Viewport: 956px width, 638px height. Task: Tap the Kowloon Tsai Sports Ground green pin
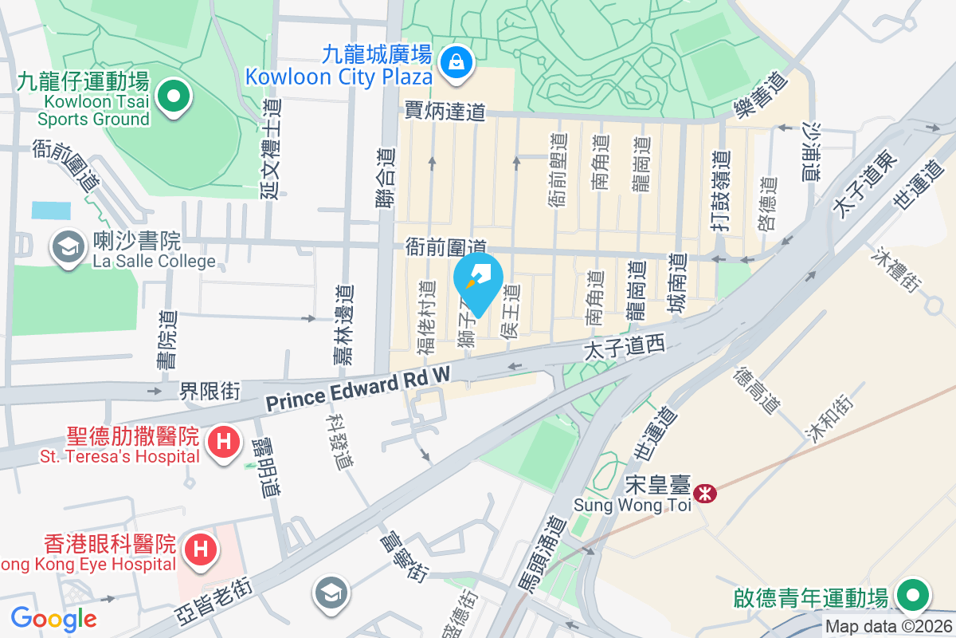(173, 98)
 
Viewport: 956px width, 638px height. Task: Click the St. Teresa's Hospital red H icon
(224, 441)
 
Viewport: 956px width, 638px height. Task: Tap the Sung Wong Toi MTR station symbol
(704, 494)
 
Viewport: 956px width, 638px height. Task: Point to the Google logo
(53, 618)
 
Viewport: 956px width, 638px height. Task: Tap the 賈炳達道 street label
(445, 111)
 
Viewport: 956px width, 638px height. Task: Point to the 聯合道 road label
(386, 179)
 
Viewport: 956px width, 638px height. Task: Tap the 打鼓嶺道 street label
(720, 192)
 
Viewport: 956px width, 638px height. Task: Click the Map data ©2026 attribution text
(888, 627)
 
